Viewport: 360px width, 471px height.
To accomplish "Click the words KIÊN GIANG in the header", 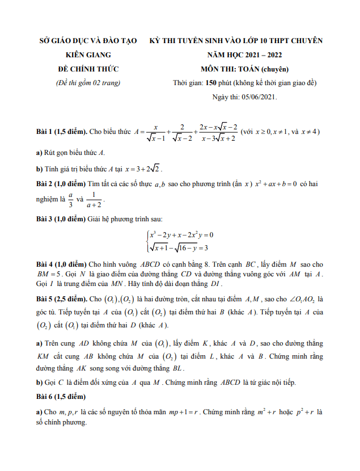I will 88,55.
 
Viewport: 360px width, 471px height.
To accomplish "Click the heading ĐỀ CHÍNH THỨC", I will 88,69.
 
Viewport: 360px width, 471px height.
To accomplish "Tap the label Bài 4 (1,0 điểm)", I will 61,264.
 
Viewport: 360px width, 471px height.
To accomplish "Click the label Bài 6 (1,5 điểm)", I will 61,396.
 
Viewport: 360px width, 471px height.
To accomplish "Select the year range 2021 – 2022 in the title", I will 261,55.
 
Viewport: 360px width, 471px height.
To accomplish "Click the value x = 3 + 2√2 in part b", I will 143,169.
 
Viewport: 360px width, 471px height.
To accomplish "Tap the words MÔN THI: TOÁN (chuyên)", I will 245,69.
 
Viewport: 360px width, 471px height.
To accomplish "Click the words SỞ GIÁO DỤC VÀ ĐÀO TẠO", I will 88,41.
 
